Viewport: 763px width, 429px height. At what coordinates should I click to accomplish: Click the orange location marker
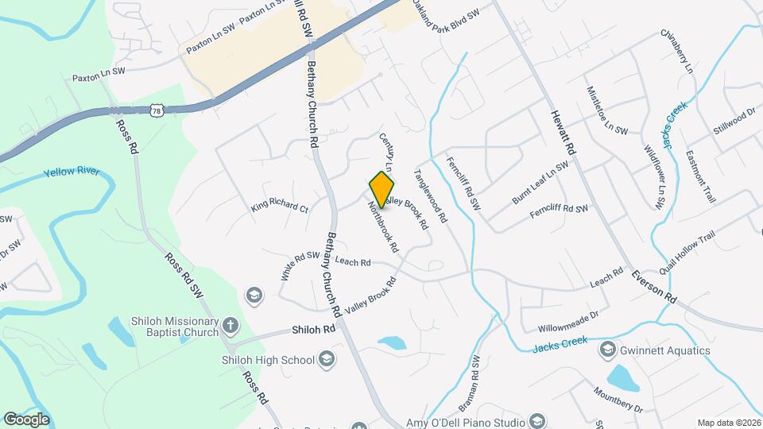pos(382,189)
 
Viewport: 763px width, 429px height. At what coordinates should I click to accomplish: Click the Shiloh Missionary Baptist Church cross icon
pos(230,325)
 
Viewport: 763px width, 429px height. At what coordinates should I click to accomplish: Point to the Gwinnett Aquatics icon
pos(608,350)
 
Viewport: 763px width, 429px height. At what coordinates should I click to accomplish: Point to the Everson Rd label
pos(654,288)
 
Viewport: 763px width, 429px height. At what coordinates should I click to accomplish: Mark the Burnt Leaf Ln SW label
pos(540,184)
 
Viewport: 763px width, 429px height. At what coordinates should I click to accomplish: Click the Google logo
pos(27,419)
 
